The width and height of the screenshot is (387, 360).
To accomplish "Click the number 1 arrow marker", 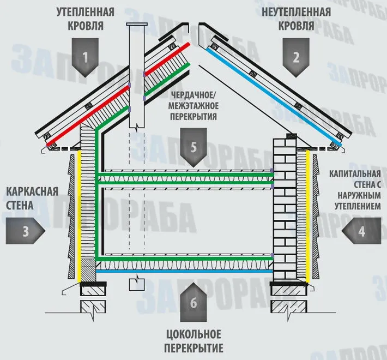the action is (85, 57).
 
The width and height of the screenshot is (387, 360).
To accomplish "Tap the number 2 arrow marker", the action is (296, 57).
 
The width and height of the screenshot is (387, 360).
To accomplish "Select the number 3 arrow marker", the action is (26, 231).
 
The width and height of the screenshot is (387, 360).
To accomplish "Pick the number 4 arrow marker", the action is (361, 231).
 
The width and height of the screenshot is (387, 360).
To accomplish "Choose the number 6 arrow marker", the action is (194, 302).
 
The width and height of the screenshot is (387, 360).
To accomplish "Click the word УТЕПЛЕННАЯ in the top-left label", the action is (86, 12).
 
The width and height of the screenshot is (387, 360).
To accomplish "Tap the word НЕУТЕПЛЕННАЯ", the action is (296, 12).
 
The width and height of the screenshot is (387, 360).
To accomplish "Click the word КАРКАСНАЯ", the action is (32, 191).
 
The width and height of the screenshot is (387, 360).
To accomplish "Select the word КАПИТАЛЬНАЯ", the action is (355, 173).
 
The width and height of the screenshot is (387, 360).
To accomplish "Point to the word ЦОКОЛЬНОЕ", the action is (194, 334).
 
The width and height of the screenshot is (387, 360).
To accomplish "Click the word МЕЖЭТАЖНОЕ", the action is (194, 106).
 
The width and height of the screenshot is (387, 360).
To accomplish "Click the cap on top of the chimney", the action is (137, 24).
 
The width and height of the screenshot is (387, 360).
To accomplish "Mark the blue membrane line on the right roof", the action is (274, 97).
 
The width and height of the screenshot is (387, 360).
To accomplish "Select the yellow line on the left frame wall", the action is (79, 217).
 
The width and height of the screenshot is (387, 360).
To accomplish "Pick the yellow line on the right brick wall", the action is (308, 217).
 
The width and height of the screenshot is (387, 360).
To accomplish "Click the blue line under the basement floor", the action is (184, 271).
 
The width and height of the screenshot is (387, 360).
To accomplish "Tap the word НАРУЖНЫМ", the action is (359, 195).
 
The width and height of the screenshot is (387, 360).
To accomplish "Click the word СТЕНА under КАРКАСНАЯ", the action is (20, 205).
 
